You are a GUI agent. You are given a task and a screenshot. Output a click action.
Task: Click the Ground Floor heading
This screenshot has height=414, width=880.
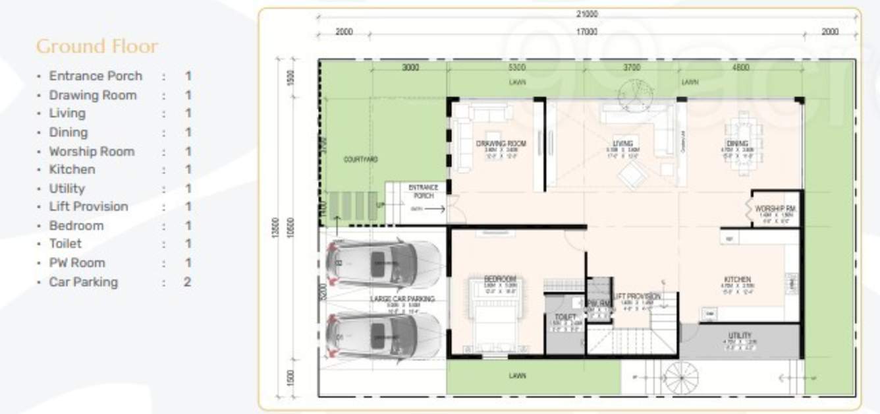pyautogui.click(x=97, y=47)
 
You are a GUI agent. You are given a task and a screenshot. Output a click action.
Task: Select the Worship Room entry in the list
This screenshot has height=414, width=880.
pyautogui.click(x=92, y=151)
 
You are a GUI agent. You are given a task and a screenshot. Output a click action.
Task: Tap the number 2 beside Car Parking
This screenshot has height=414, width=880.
pyautogui.click(x=188, y=282)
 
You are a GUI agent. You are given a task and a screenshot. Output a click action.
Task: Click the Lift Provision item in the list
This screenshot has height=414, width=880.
pyautogui.click(x=88, y=207)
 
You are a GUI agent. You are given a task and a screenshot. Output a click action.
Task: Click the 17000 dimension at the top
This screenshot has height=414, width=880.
pyautogui.click(x=587, y=32)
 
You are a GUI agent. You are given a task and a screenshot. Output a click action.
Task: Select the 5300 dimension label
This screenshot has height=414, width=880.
pyautogui.click(x=516, y=67)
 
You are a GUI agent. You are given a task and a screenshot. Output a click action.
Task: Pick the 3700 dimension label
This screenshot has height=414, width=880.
pyautogui.click(x=632, y=67)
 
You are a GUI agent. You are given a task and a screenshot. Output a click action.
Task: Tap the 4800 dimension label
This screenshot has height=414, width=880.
pyautogui.click(x=741, y=67)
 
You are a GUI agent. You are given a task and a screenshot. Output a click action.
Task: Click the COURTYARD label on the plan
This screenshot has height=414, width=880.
pyautogui.click(x=360, y=160)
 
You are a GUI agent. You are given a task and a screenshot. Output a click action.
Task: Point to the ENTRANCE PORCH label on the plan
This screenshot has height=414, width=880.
pyautogui.click(x=423, y=192)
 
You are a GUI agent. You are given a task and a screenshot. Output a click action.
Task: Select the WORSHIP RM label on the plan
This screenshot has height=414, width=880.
pyautogui.click(x=777, y=209)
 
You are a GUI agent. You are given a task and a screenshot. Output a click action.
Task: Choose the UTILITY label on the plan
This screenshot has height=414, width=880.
pyautogui.click(x=740, y=336)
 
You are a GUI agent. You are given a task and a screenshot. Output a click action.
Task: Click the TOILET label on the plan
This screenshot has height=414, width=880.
pyautogui.click(x=565, y=317)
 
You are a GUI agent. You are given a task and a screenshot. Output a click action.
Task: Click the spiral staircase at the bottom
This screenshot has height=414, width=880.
pyautogui.click(x=680, y=378)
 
